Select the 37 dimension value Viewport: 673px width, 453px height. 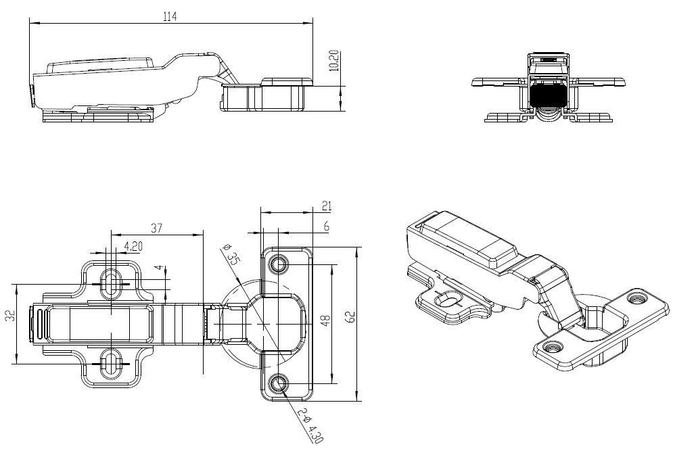[x=157, y=229]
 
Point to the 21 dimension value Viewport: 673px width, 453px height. [x=327, y=206]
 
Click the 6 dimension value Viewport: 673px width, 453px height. [x=326, y=227]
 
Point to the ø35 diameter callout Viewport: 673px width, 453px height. [x=231, y=258]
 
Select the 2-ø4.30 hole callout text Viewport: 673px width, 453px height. [x=306, y=425]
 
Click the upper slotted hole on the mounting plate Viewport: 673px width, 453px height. [x=110, y=281]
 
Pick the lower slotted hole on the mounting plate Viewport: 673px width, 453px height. [x=110, y=358]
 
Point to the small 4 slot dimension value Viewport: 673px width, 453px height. [x=159, y=268]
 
